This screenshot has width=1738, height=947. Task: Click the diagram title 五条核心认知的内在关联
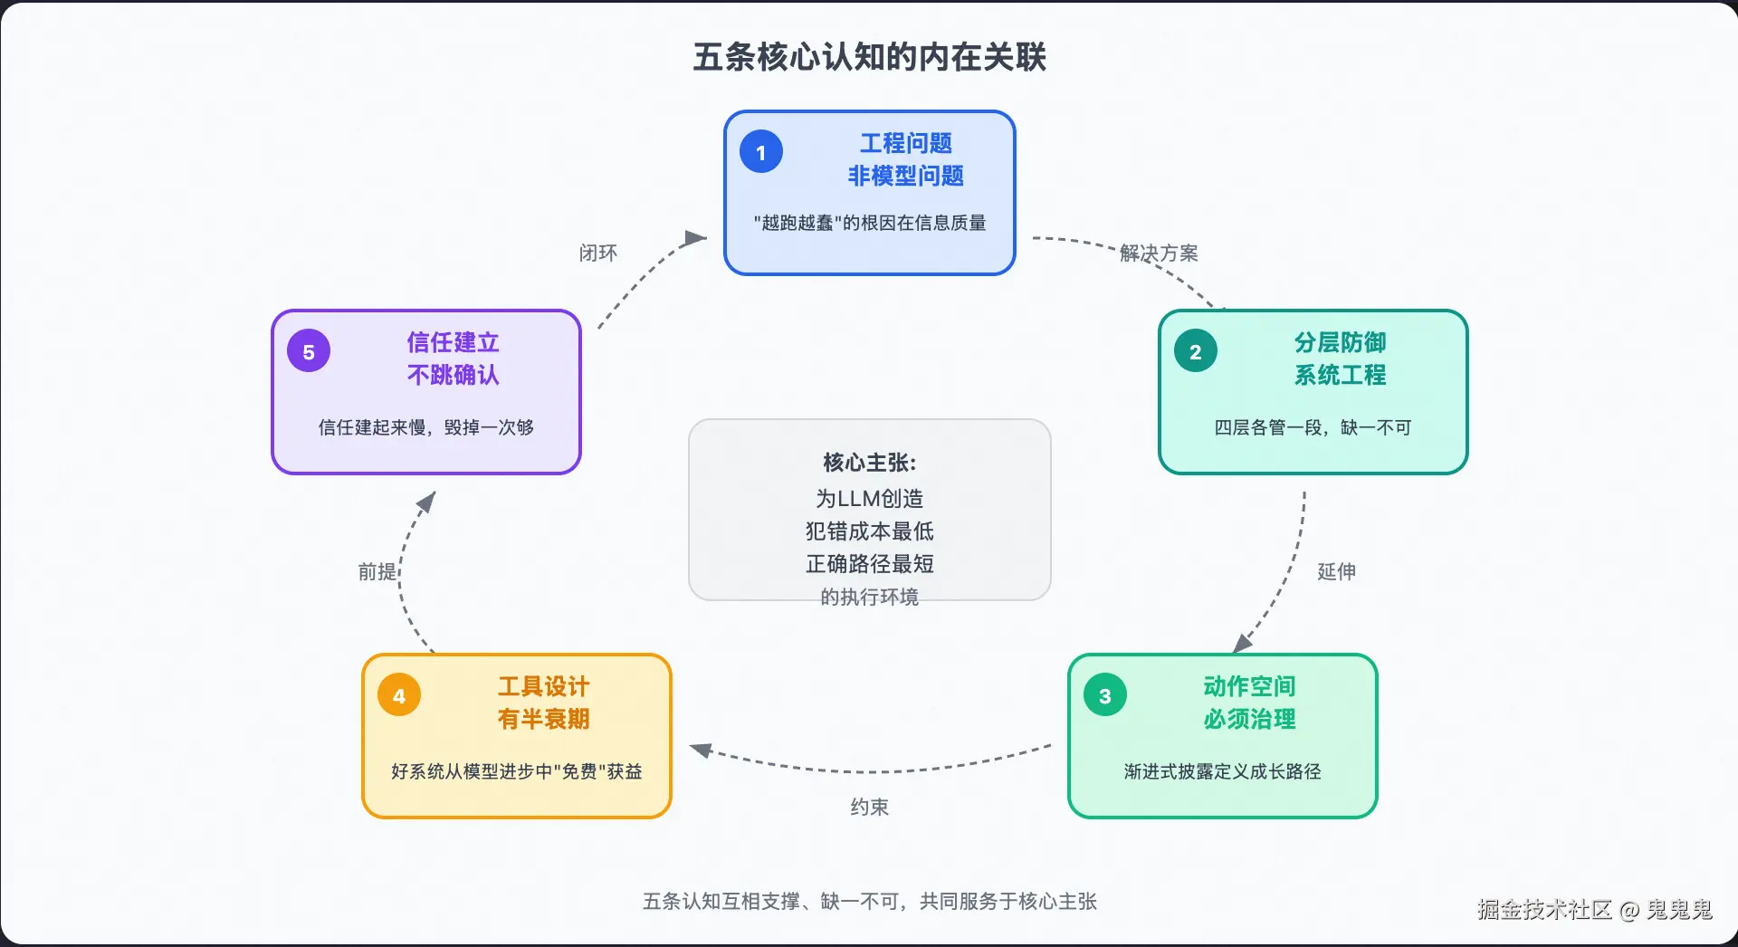click(869, 57)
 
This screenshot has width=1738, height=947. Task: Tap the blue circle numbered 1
click(761, 152)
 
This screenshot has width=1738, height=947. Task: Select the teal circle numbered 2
click(1196, 351)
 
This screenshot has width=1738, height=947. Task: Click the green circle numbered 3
click(1105, 695)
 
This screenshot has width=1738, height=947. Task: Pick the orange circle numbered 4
click(399, 695)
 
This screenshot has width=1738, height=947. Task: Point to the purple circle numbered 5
click(309, 351)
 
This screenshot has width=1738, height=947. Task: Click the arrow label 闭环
click(598, 253)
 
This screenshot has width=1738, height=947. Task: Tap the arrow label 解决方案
click(1159, 253)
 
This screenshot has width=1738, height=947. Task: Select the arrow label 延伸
click(1336, 571)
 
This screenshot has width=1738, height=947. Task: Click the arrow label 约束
click(869, 807)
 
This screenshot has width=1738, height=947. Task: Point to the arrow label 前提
click(377, 571)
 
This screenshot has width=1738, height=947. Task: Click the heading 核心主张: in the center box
click(869, 463)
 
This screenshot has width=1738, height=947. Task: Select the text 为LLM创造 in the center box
click(869, 498)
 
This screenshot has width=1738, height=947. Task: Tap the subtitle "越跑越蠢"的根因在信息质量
click(869, 223)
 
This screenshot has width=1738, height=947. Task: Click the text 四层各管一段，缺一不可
click(1313, 427)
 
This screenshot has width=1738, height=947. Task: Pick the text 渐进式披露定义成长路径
click(1222, 771)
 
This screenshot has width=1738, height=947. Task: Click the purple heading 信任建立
click(453, 342)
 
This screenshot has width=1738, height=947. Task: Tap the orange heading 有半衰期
click(543, 719)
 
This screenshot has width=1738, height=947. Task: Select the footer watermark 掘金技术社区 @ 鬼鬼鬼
click(1595, 909)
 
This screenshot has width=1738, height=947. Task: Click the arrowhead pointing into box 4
click(701, 750)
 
